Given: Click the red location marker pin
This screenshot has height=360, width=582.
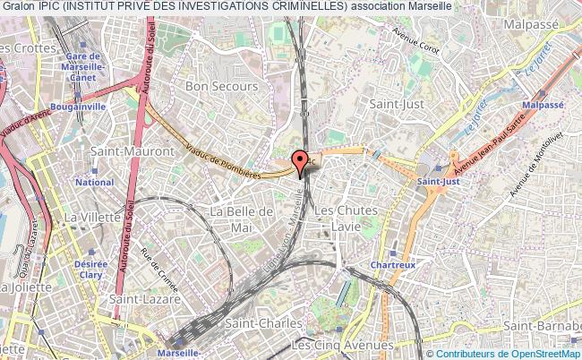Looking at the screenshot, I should click(300, 160).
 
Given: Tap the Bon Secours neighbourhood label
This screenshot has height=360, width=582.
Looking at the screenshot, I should click(221, 87).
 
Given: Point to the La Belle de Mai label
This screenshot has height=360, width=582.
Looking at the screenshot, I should click(241, 218).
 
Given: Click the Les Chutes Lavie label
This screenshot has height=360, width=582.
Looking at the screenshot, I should click(347, 218).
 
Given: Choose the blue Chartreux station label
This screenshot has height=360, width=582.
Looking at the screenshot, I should click(391, 267).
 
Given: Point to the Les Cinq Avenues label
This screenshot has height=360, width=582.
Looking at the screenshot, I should click(343, 345).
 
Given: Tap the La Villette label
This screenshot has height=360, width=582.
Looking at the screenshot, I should click(86, 216).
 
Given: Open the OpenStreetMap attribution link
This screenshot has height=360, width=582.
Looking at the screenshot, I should click(538, 355).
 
